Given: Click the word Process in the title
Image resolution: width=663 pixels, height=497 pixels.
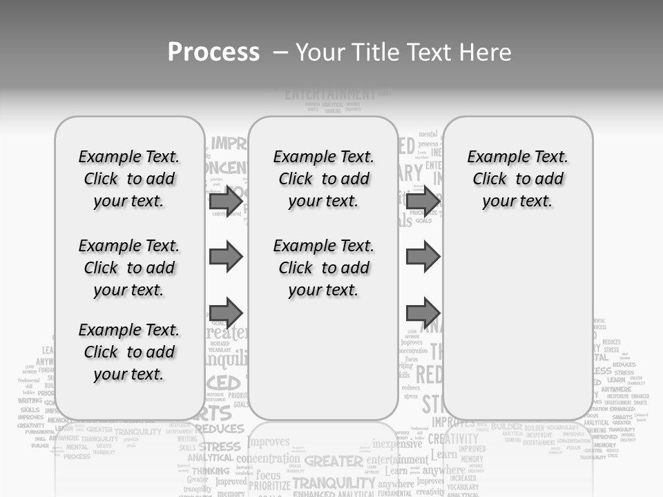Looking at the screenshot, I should [213, 52].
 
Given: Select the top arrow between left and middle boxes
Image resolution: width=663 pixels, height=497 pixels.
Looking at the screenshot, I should [225, 202].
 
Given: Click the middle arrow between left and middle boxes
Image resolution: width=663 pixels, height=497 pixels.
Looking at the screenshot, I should [225, 257].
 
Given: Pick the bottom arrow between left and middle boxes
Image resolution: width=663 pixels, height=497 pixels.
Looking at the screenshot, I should [225, 312].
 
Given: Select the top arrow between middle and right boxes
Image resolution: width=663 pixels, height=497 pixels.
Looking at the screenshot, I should [423, 202].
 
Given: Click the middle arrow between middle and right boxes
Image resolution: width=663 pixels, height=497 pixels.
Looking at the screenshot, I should [423, 257].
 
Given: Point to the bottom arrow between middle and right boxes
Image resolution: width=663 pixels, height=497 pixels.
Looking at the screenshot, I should [423, 312].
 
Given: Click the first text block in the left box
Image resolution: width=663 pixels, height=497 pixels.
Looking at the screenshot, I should [129, 179].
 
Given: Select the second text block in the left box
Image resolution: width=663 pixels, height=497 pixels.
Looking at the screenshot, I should [129, 268].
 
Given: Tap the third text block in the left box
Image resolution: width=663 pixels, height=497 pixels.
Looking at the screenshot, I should [129, 352].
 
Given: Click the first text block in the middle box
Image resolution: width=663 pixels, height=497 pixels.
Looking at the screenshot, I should [323, 179].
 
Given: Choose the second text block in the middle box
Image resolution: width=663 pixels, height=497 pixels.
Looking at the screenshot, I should [323, 268].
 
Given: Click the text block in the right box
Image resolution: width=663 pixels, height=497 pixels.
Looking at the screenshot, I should [517, 179].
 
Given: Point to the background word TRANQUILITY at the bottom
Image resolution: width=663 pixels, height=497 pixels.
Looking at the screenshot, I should [334, 482].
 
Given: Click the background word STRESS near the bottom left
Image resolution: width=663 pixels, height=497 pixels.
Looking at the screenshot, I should [220, 447].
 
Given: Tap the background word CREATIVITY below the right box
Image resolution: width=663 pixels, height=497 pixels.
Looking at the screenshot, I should [453, 439].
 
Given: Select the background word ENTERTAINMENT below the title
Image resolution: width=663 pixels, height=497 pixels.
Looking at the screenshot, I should [330, 94].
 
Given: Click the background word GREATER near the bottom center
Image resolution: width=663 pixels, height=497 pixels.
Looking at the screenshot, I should [334, 460].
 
